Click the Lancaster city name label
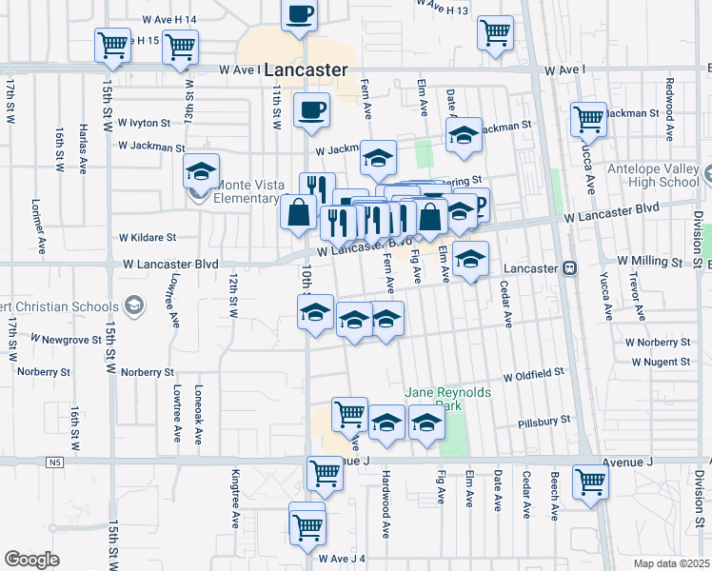click(x=305, y=70)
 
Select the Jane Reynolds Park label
click(x=440, y=398)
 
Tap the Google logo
click(x=31, y=560)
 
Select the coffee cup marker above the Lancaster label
click(x=300, y=15)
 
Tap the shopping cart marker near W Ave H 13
click(x=495, y=31)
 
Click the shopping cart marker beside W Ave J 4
click(x=307, y=526)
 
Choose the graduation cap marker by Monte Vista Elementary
click(x=201, y=172)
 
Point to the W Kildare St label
click(x=148, y=238)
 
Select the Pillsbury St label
click(x=544, y=420)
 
